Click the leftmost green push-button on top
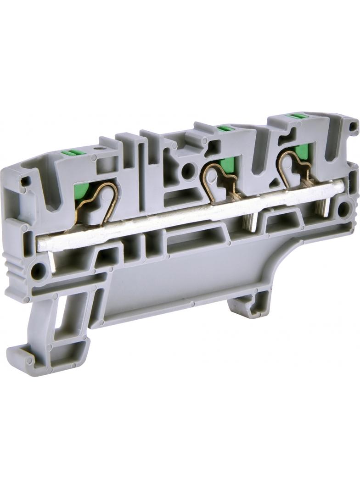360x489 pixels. click(73, 153)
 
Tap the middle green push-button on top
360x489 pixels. click(224, 128)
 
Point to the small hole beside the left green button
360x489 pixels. click(97, 149)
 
